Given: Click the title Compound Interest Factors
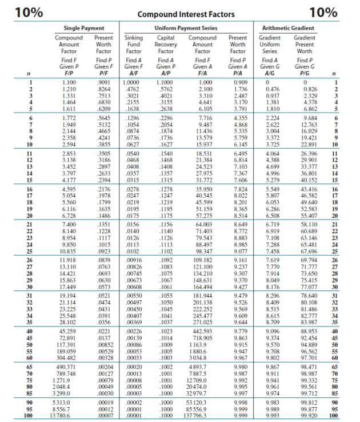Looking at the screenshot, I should [x=179, y=13].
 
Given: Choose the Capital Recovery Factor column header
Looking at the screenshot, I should [x=165, y=43].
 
